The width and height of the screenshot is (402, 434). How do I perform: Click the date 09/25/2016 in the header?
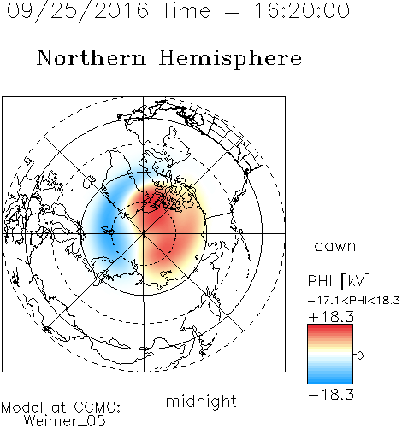pyautogui.click(x=78, y=11)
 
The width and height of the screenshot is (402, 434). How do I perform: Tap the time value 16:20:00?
pyautogui.click(x=302, y=10)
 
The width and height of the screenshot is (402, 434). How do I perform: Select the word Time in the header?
pyautogui.click(x=186, y=10)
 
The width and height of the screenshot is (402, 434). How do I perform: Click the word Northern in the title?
pyautogui.click(x=92, y=58)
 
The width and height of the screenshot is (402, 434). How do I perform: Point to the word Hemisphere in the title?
pyautogui.click(x=230, y=59)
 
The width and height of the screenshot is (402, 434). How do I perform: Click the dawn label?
pyautogui.click(x=335, y=245)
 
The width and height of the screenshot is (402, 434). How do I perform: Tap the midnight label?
pyautogui.click(x=201, y=401)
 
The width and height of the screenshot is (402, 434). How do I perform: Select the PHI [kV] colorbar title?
pyautogui.click(x=339, y=281)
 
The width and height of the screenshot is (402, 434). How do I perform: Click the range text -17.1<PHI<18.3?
pyautogui.click(x=354, y=301)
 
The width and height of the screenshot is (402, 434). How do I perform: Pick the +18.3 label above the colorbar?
pyautogui.click(x=331, y=317)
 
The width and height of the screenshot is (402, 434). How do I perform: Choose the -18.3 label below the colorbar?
pyautogui.click(x=331, y=395)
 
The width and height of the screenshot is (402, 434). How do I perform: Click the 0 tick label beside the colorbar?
pyautogui.click(x=360, y=355)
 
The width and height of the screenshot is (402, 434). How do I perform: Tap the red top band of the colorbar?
pyautogui.click(x=330, y=328)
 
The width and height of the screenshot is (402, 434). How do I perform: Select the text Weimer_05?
pyautogui.click(x=64, y=421)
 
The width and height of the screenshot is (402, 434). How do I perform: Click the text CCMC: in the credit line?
pyautogui.click(x=97, y=408)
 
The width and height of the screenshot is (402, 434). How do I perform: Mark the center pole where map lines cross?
pyautogui.click(x=144, y=233)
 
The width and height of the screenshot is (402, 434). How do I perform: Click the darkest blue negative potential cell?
pyautogui.click(x=109, y=225)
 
